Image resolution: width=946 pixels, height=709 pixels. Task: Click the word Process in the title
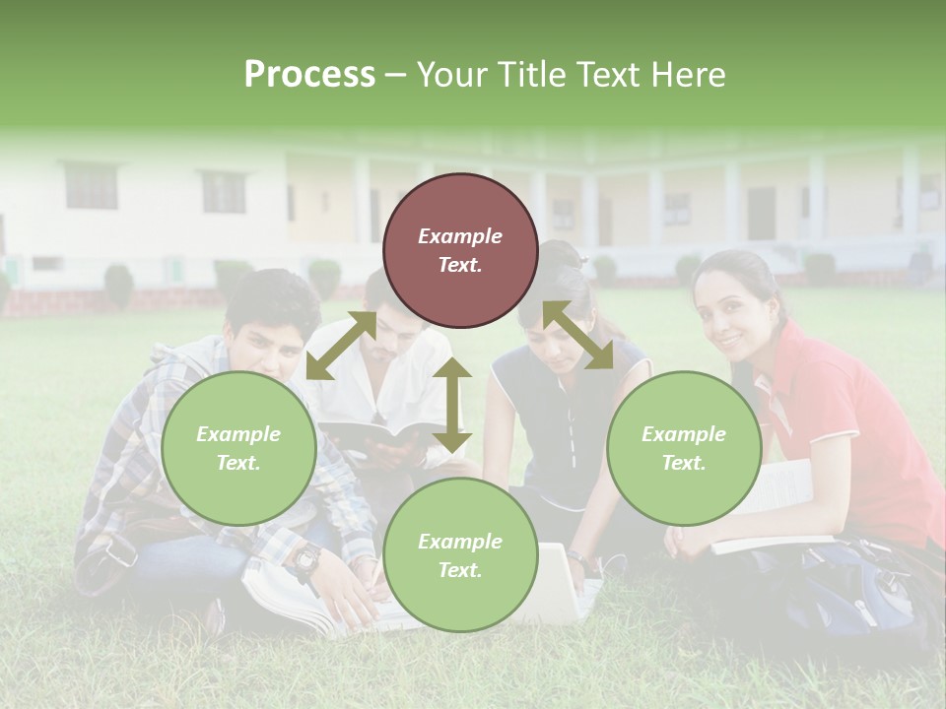(x=309, y=75)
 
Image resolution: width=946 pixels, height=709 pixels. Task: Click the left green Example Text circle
(x=238, y=449)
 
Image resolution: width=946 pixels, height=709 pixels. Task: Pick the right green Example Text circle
(x=683, y=449)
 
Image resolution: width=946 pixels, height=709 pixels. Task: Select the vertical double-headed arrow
(x=452, y=405)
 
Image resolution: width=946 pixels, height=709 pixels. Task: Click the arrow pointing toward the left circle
(x=341, y=346)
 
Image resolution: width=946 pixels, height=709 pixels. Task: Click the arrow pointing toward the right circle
(x=578, y=335)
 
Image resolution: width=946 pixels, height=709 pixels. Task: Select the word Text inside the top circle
(x=459, y=265)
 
